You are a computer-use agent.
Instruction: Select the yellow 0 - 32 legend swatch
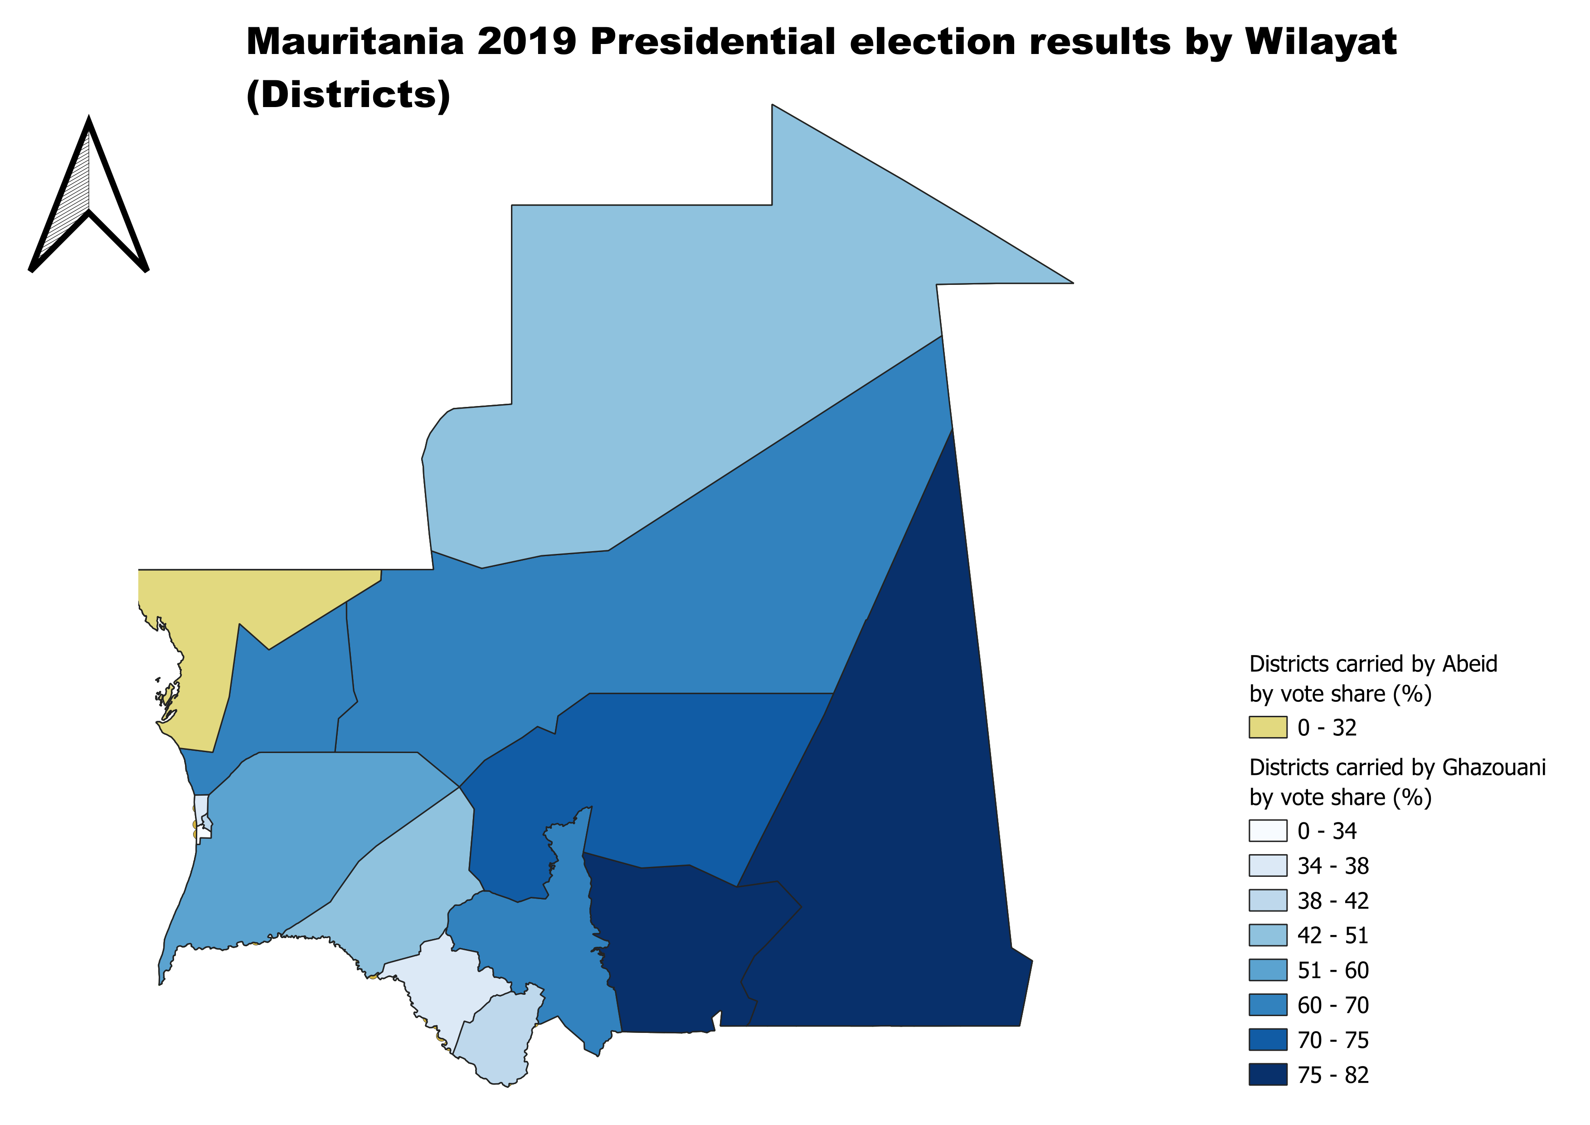[x=1267, y=727]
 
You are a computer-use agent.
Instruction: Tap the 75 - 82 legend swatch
[x=1267, y=1075]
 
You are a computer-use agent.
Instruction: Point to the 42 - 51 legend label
[x=1332, y=935]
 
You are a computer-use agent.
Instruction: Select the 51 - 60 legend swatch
[x=1267, y=970]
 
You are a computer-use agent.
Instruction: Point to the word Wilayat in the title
[x=1321, y=42]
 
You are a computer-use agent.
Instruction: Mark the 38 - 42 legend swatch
[x=1267, y=900]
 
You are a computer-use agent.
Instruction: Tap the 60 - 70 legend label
[x=1332, y=1005]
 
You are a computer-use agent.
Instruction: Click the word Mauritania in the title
[x=355, y=42]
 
